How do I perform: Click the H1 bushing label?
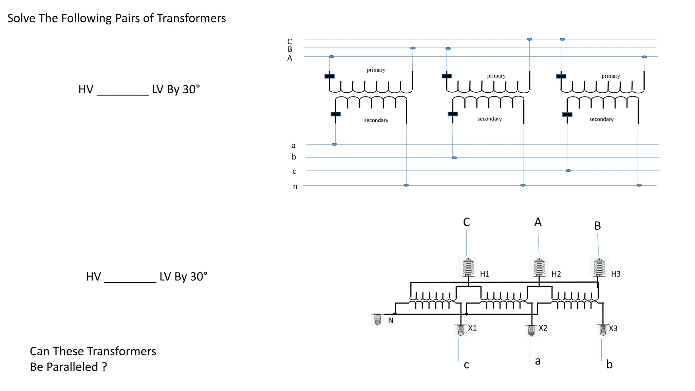(485, 274)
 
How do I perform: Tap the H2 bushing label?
(556, 274)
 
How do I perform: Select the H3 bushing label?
(616, 274)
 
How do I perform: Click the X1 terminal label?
(472, 328)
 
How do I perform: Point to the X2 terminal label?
(543, 328)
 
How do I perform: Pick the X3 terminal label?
(613, 329)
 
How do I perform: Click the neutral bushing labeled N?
(378, 320)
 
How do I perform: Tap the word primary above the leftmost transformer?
(376, 70)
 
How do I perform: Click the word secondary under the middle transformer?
(489, 119)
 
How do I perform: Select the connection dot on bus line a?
(334, 145)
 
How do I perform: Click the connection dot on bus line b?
(454, 158)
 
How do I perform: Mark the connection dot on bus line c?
(568, 171)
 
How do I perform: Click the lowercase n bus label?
(295, 186)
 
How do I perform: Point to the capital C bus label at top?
(289, 41)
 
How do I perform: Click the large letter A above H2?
(538, 222)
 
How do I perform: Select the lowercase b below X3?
(609, 365)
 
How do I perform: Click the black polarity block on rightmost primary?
(561, 76)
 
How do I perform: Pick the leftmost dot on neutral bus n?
(406, 185)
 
